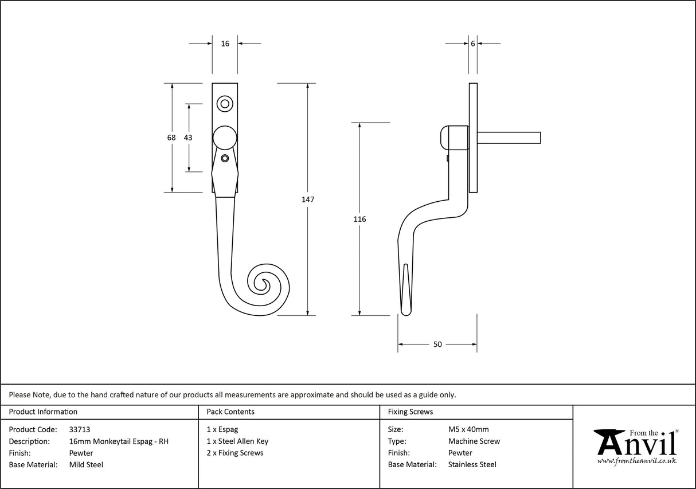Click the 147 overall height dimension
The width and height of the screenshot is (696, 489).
point(308,199)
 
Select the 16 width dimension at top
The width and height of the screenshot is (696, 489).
point(225,44)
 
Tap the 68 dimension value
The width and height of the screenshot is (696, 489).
point(171,138)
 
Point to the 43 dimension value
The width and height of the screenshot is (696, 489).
point(188,138)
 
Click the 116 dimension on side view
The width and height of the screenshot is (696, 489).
point(359,219)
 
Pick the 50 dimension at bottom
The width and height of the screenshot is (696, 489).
point(437,345)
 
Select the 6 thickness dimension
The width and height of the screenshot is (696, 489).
point(472,44)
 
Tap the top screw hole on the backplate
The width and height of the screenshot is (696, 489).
point(225,104)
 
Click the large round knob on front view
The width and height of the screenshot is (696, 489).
point(225,138)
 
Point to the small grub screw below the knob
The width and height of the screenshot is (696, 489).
point(225,158)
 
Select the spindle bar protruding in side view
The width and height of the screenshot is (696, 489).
point(509,137)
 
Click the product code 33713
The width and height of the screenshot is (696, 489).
point(79,429)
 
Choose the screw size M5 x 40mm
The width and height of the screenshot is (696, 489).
point(468,429)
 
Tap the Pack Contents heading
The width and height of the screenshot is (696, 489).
point(230,412)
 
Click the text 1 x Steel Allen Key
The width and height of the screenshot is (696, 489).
point(237,441)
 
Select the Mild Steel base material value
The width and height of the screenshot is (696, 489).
point(86,465)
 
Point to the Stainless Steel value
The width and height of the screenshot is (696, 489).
point(472,465)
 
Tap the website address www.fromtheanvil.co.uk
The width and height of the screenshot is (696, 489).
point(636,460)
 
